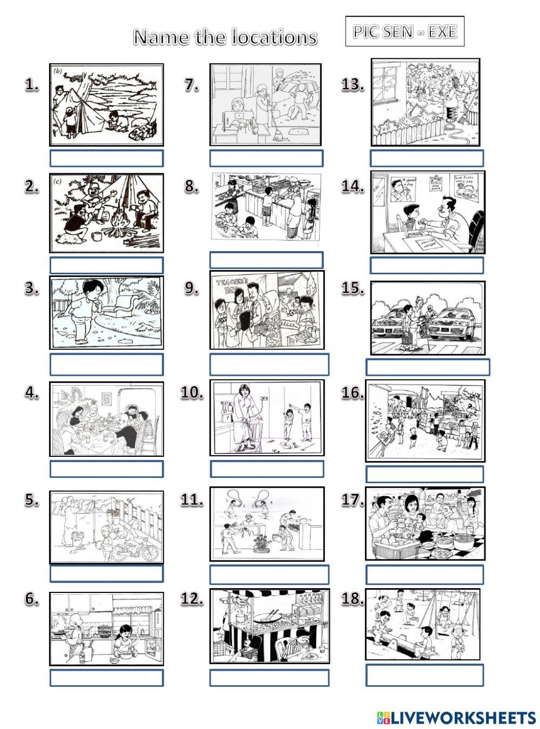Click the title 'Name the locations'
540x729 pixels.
click(225, 37)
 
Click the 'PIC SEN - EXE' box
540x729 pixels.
click(404, 31)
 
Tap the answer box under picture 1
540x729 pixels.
click(106, 158)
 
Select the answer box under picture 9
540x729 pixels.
click(269, 364)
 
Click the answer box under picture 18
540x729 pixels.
click(424, 675)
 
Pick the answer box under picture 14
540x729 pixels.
click(427, 265)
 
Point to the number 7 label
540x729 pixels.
click(192, 85)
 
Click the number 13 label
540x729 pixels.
click(353, 85)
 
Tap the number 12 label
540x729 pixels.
click(192, 599)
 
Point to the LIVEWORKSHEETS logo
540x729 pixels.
click(456, 717)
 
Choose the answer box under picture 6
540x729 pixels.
click(106, 678)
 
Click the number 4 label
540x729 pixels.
click(32, 394)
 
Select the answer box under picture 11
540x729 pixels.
click(269, 575)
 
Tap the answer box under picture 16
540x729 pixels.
click(424, 474)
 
